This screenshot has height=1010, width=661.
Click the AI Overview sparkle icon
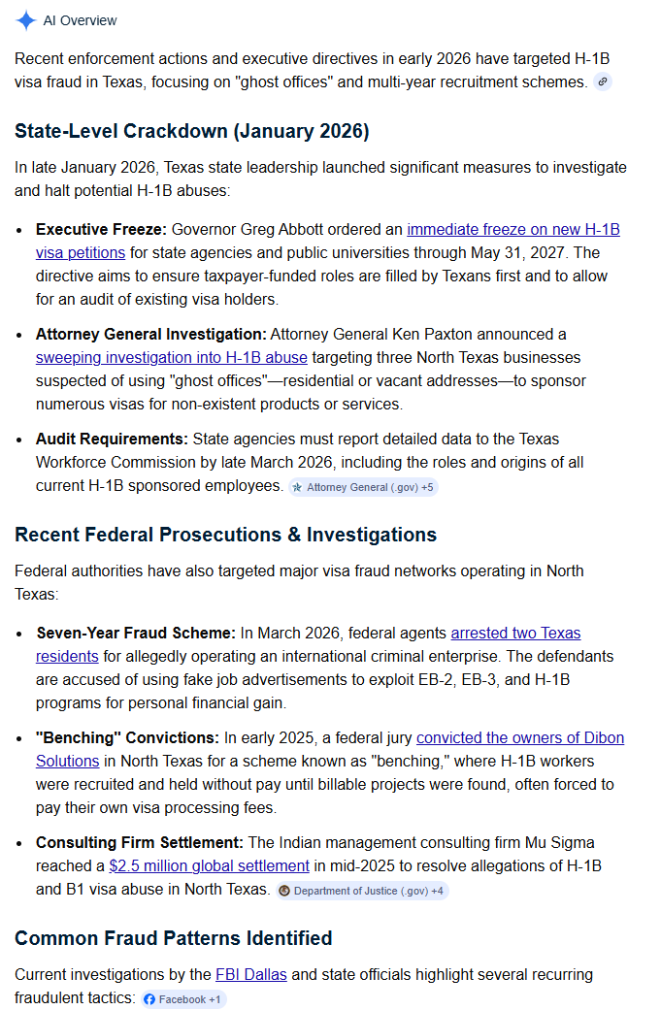(x=26, y=20)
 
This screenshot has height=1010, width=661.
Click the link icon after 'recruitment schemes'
(x=603, y=82)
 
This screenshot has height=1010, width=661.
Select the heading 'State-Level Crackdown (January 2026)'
(x=192, y=131)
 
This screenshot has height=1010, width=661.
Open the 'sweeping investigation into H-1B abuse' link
(x=171, y=357)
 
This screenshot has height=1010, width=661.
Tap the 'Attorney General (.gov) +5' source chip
(x=363, y=487)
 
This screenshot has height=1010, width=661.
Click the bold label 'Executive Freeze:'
(x=101, y=230)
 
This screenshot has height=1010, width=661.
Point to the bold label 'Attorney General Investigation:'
(x=150, y=335)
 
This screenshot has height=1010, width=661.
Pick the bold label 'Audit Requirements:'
(x=113, y=440)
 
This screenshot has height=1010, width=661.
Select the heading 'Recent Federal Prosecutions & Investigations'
(x=225, y=535)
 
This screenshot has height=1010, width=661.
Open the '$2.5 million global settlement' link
(x=209, y=865)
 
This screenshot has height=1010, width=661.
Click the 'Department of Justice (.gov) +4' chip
(x=361, y=891)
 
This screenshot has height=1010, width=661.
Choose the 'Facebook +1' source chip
(x=182, y=999)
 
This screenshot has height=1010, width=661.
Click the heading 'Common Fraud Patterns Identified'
(x=173, y=938)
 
